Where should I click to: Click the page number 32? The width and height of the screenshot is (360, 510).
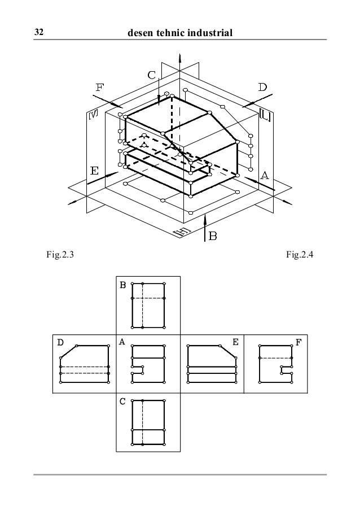39,34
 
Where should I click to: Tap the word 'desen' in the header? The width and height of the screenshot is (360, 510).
143,34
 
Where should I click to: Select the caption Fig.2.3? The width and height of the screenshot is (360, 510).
59,256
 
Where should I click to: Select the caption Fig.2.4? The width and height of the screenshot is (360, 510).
300,256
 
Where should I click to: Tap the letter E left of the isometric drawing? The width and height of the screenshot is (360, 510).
94,169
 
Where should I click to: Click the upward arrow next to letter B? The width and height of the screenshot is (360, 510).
205,226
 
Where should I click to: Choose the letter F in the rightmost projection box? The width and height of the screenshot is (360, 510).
298,342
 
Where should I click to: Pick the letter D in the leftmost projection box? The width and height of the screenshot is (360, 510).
59,342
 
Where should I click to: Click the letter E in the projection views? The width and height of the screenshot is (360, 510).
235,342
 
